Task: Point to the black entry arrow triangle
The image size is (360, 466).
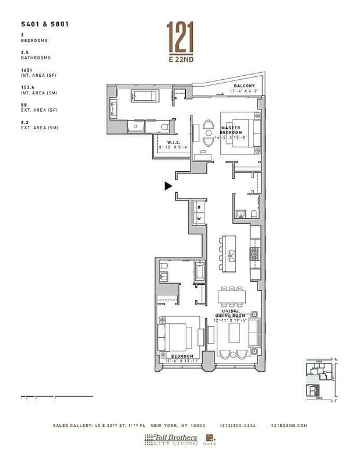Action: point(168,186)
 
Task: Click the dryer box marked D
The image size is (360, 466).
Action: point(199,207)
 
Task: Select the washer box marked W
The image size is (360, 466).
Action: point(199,218)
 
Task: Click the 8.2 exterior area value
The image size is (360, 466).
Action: point(24,122)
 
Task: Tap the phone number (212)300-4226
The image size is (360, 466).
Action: point(238,426)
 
